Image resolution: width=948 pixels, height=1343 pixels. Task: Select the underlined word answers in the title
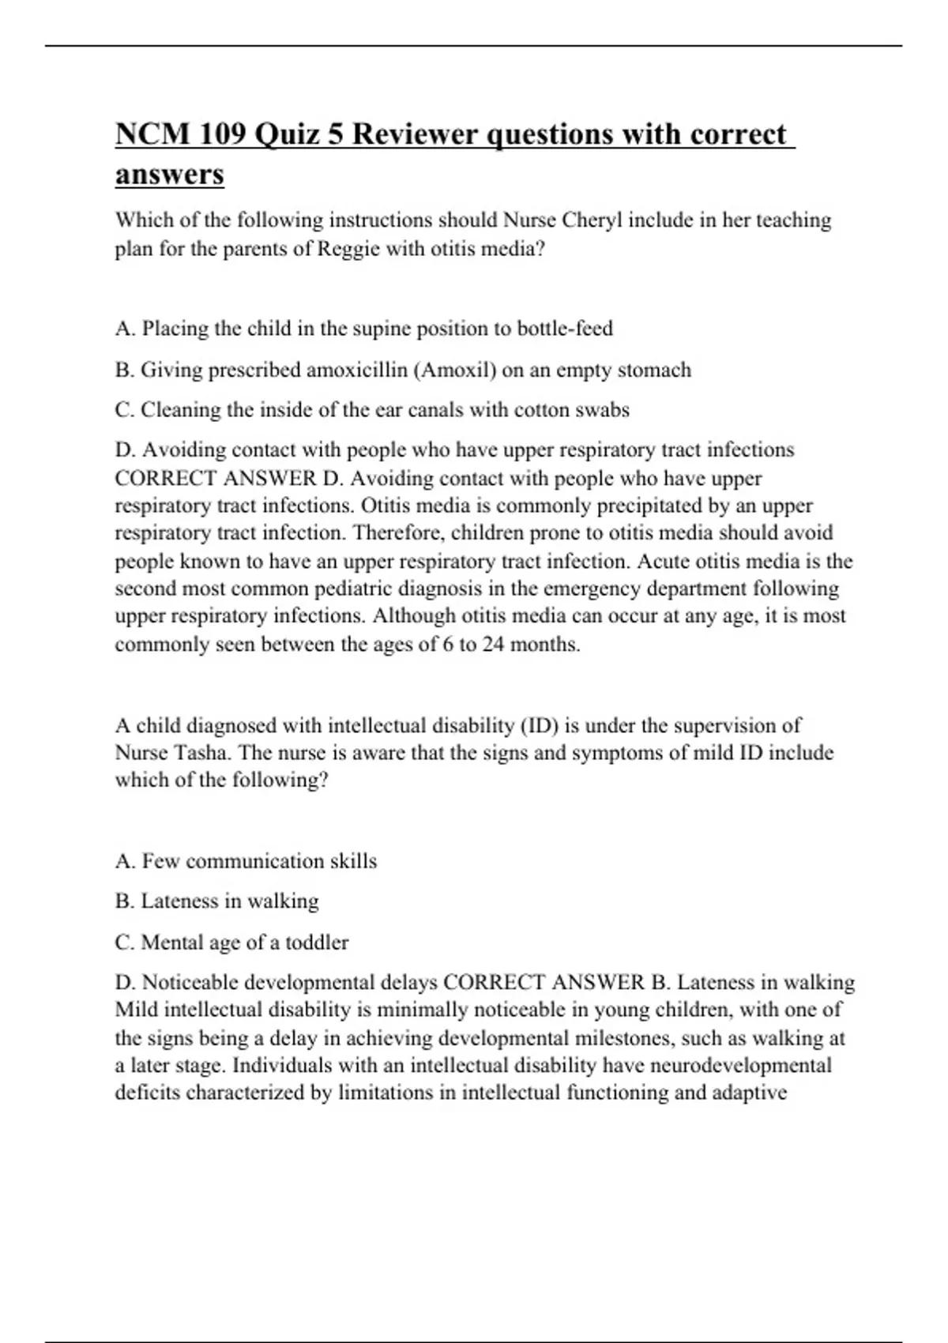click(x=169, y=174)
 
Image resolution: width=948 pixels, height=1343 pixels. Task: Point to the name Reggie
click(x=348, y=249)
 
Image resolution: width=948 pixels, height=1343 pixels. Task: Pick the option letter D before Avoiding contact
click(x=124, y=450)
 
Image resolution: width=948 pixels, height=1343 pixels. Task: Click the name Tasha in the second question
click(x=201, y=752)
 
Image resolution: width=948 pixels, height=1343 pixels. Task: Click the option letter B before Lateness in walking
click(x=123, y=901)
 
